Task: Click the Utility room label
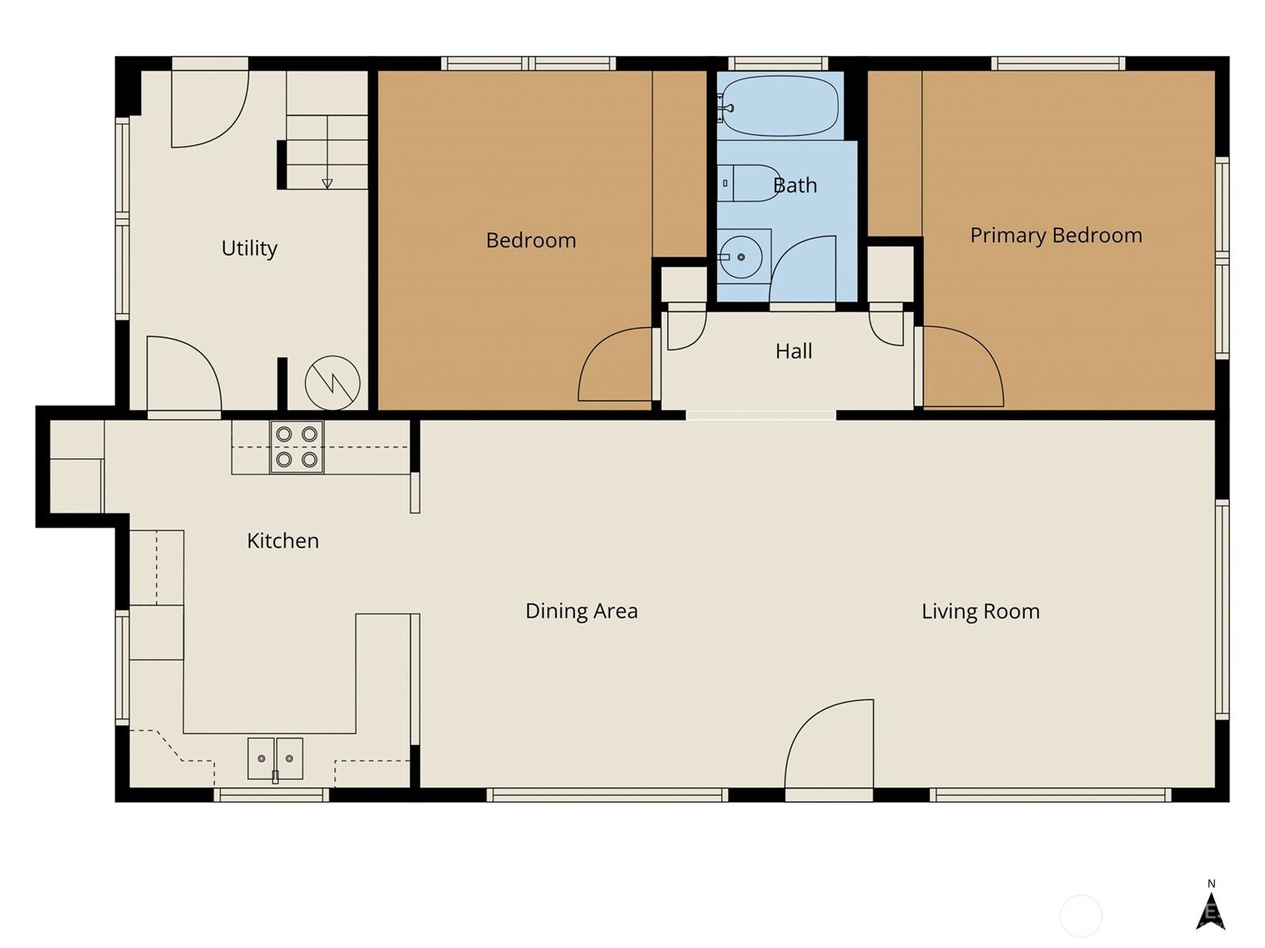tap(249, 248)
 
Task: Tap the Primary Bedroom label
tap(1055, 235)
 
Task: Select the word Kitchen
tap(282, 540)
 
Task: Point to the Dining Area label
tap(581, 611)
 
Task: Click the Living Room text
tap(980, 611)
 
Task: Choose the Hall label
tap(794, 351)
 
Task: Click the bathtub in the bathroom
tap(780, 106)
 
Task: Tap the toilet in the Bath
tap(749, 183)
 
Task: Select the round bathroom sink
tap(741, 258)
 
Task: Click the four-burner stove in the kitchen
tap(296, 446)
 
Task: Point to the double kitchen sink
tap(275, 758)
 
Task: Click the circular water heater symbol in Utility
tap(333, 383)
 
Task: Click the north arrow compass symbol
tap(1210, 911)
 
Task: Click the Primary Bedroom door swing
tap(963, 367)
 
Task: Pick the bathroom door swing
tap(802, 269)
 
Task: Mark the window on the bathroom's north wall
tap(778, 63)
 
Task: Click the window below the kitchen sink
tap(271, 795)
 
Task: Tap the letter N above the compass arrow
tap(1210, 883)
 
